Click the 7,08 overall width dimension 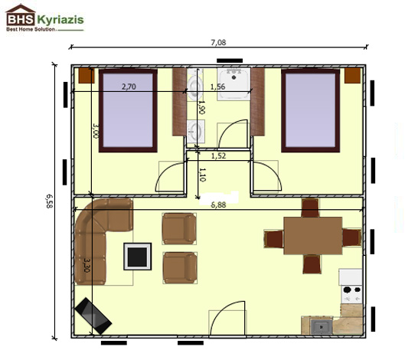point(218,42)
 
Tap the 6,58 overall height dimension point(50,201)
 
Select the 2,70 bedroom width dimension point(129,87)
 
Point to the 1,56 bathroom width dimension point(217,87)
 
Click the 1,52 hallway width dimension point(219,155)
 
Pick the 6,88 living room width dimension point(218,205)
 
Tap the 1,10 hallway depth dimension point(202,175)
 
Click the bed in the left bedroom point(128,110)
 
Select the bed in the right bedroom point(310,110)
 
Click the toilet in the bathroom point(194,85)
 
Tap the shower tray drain point(234,77)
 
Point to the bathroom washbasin point(196,131)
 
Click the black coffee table point(137,257)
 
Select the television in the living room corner point(93,316)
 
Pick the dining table point(313,236)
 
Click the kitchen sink point(322,326)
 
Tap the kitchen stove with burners point(351,294)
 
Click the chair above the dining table point(310,208)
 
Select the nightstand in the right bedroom point(352,76)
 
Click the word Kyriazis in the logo point(60,20)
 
